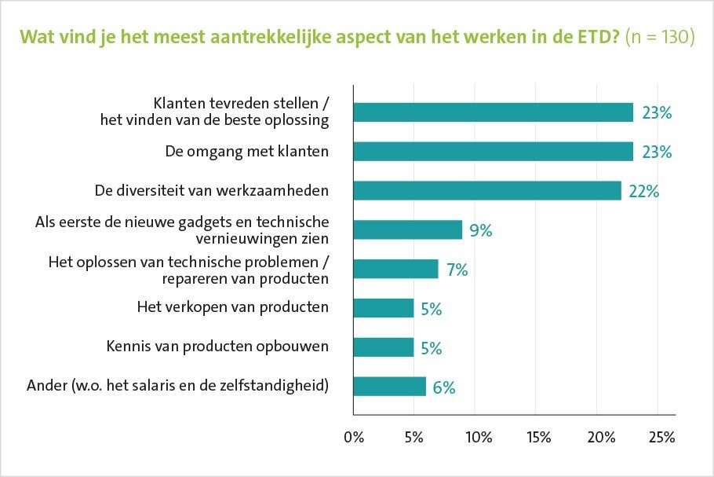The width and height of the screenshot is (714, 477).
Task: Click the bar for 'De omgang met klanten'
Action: click(x=493, y=152)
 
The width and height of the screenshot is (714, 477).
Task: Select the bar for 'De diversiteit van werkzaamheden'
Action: click(x=486, y=191)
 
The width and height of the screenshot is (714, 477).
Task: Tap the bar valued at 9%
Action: click(x=407, y=229)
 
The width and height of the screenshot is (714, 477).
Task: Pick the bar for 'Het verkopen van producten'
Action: click(x=383, y=308)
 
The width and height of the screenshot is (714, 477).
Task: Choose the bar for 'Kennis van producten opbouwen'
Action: click(x=383, y=347)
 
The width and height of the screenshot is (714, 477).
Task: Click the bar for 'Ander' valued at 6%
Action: click(x=389, y=387)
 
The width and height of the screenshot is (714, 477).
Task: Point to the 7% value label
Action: click(x=457, y=270)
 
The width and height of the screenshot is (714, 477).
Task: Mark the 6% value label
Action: click(x=444, y=387)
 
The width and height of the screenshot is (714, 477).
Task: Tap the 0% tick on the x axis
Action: click(x=354, y=438)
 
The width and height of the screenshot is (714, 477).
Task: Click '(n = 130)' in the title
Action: click(x=660, y=38)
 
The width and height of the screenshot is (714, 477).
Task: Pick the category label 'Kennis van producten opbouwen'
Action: click(x=217, y=347)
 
